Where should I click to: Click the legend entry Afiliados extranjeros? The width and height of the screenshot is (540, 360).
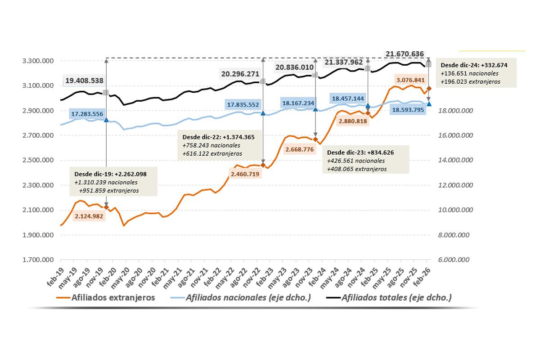pyautogui.click(x=112, y=297)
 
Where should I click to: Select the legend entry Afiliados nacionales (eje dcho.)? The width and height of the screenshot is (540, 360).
pyautogui.click(x=247, y=297)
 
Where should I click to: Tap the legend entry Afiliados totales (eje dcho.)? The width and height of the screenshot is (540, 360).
pyautogui.click(x=396, y=297)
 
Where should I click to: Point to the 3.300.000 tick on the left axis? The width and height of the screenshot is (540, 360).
pyautogui.click(x=39, y=61)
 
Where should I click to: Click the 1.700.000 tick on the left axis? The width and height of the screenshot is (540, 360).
pyautogui.click(x=39, y=260)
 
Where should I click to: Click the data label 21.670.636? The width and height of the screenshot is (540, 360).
pyautogui.click(x=405, y=54)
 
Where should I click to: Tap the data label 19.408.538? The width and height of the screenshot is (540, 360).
pyautogui.click(x=84, y=81)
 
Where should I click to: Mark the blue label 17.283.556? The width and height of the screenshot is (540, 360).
pyautogui.click(x=87, y=114)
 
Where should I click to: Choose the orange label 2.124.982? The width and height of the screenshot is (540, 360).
pyautogui.click(x=89, y=216)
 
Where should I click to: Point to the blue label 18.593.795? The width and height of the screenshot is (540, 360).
pyautogui.click(x=408, y=109)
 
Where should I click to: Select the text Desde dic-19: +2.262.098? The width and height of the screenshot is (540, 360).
pyautogui.click(x=111, y=174)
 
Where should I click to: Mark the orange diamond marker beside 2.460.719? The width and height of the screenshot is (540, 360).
pyautogui.click(x=263, y=165)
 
